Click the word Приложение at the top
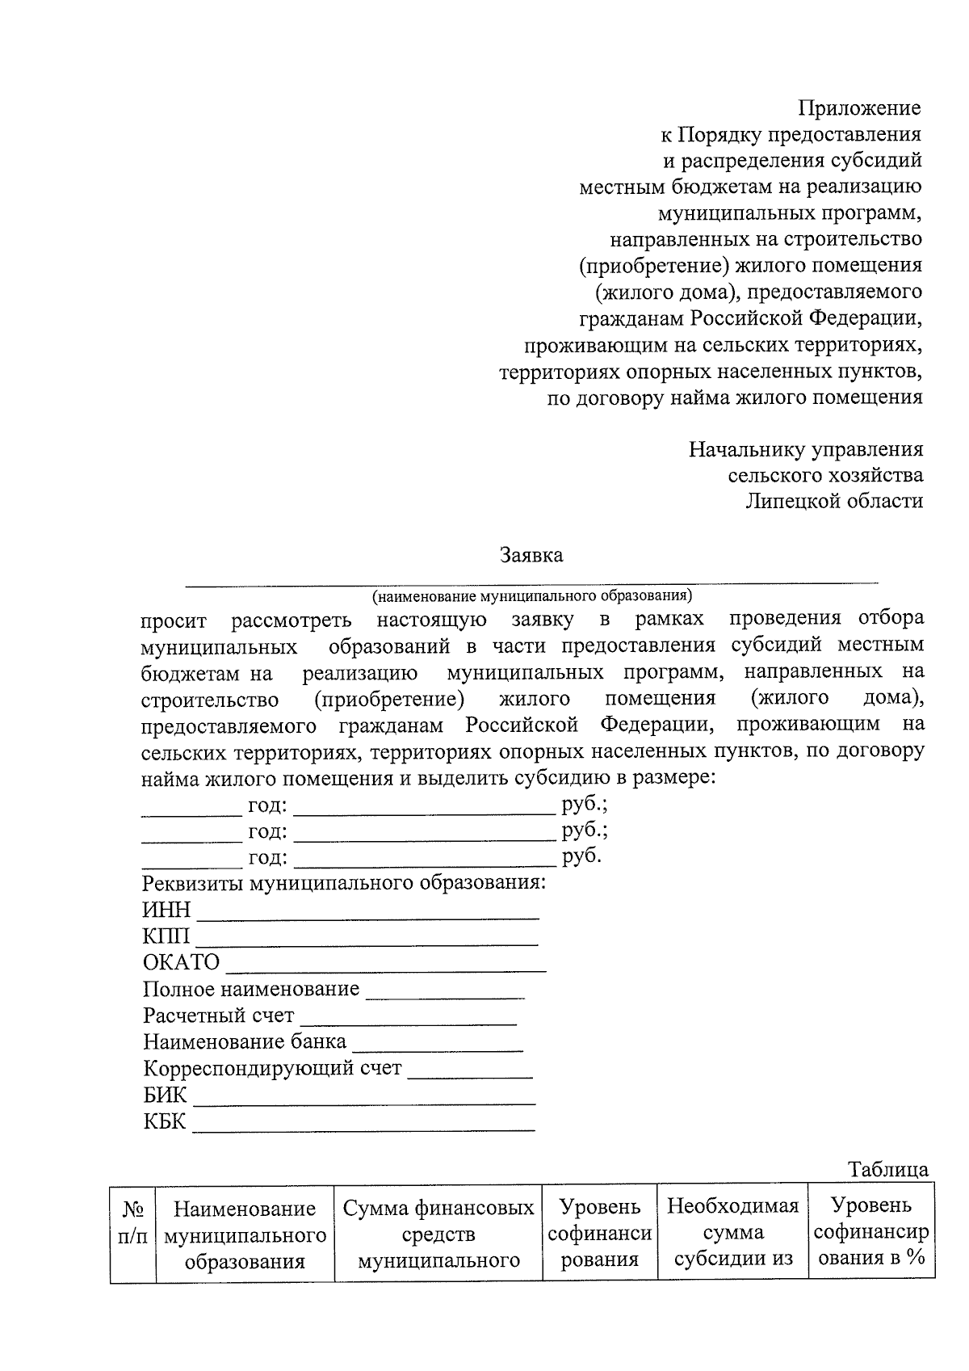tap(859, 108)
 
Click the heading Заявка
tap(531, 556)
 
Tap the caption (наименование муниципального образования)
tap(532, 596)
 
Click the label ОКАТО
tap(181, 963)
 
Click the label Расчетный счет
tap(219, 1016)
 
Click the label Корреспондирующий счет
tap(272, 1068)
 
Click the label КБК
tap(164, 1121)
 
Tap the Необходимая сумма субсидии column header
tap(732, 1233)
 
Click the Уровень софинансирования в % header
tap(870, 1232)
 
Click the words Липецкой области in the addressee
tap(833, 501)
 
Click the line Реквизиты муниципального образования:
tap(344, 883)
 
